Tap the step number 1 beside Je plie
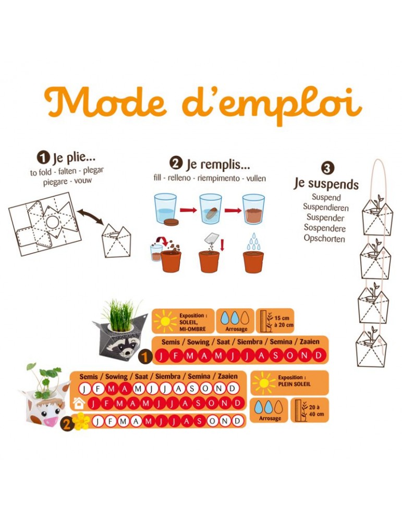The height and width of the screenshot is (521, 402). pos(43,157)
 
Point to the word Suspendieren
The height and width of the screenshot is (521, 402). pos(325,207)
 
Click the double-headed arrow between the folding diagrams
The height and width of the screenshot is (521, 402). pos(90,216)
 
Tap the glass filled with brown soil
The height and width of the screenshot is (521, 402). pos(253,209)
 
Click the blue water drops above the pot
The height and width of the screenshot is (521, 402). pos(253,242)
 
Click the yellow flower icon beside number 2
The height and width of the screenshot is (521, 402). pos(81,421)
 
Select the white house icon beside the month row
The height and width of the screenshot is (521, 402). pos(79,403)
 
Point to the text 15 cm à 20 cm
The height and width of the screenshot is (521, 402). pos(284,321)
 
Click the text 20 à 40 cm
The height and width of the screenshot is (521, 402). pos(316,411)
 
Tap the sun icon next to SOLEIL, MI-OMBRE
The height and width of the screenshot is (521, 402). pos(165,321)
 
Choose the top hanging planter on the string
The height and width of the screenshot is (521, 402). pos(377,215)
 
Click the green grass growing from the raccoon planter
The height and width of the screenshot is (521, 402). pos(122,314)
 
